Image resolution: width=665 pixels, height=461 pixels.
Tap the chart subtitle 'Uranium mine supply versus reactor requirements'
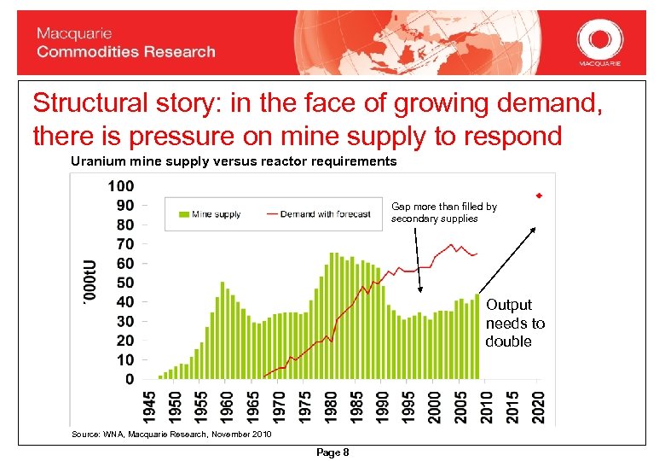point(234,161)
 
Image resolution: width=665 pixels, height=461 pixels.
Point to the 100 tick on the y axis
point(121,185)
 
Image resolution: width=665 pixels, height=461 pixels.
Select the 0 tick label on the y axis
point(129,378)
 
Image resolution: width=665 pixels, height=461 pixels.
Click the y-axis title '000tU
point(90,283)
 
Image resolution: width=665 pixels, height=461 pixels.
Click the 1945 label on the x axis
point(150,406)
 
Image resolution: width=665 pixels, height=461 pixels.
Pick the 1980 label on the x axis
point(332,406)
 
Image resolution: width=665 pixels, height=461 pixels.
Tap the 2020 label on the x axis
point(540,406)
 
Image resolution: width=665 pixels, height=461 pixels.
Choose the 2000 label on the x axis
point(436,406)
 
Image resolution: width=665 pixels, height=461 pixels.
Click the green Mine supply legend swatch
point(182,214)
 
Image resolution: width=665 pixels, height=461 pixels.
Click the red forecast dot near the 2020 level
point(539,196)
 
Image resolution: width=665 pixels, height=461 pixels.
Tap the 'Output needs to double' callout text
point(514,324)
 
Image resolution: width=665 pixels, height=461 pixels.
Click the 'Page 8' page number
point(332,452)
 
